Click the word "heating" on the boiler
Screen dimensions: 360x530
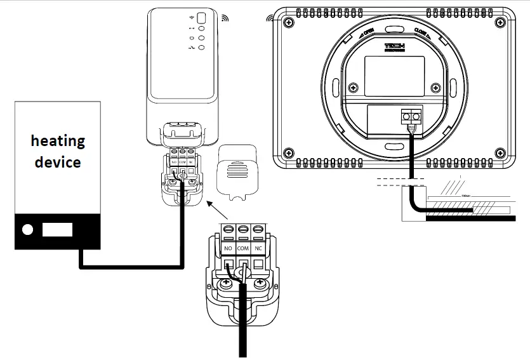tap(58, 140)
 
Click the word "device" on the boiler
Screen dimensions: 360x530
tap(58, 162)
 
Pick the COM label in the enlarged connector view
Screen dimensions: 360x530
tap(243, 247)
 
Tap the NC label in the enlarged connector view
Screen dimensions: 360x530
tap(258, 247)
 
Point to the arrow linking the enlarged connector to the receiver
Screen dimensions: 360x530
tap(216, 211)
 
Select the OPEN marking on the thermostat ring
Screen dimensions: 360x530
tap(368, 33)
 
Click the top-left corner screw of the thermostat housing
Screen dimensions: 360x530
tap(289, 22)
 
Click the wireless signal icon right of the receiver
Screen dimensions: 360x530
tap(224, 18)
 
